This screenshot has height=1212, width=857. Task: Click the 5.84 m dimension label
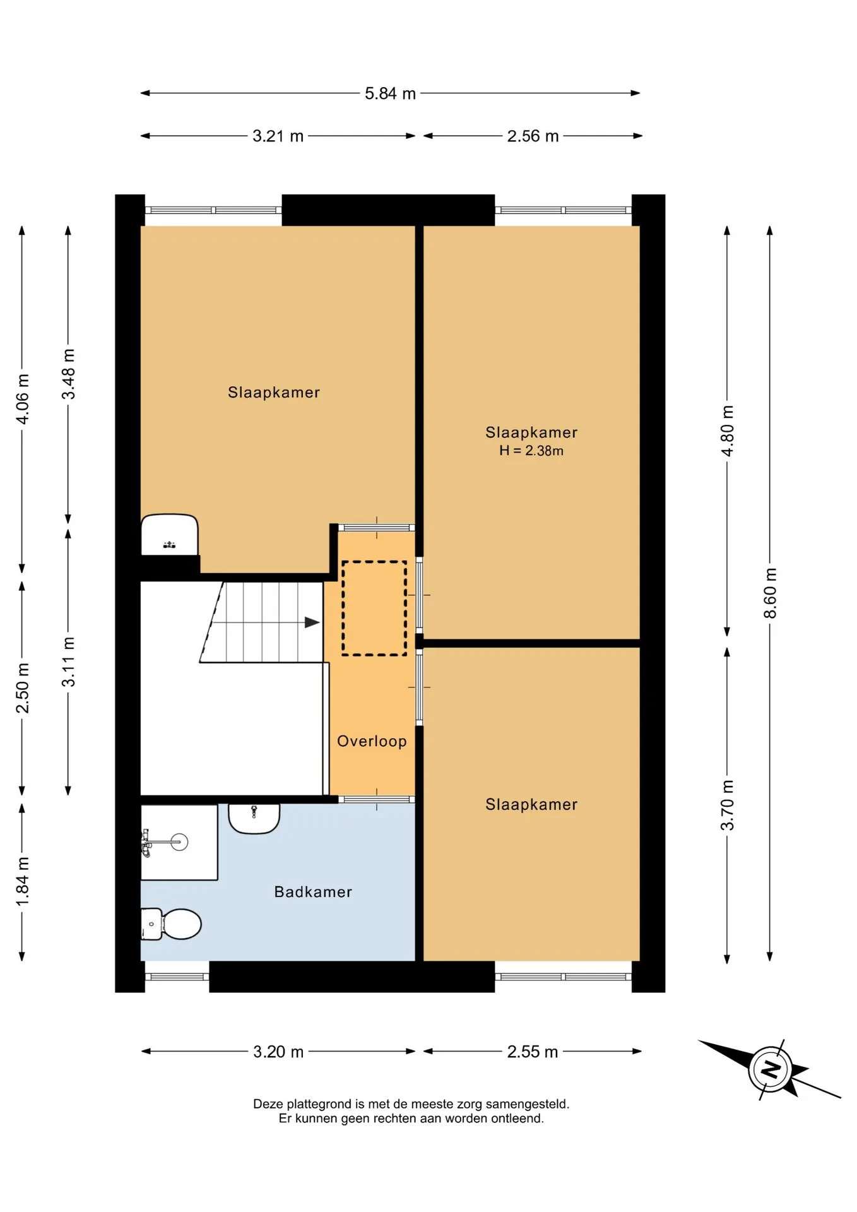point(390,93)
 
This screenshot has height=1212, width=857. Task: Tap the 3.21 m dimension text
point(278,136)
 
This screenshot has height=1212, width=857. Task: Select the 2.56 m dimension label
point(533,136)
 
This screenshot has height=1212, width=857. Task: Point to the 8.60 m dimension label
point(770,593)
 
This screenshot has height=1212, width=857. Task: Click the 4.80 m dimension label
point(727,431)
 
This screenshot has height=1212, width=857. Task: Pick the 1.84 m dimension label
point(22,881)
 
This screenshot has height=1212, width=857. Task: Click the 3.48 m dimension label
point(68,374)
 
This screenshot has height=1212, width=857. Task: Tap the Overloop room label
point(372,741)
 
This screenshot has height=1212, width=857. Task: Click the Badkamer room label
point(313,892)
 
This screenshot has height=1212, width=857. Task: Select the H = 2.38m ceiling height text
point(531,451)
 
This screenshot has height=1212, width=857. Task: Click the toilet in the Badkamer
point(170,924)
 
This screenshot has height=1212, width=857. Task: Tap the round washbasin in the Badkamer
point(254,819)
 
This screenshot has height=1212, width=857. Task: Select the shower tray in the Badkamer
point(179,842)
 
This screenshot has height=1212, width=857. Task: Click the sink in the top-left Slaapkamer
point(169,535)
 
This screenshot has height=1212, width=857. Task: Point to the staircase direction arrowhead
point(312,622)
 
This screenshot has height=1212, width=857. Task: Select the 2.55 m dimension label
point(533,1052)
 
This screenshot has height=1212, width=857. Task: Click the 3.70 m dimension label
point(727,805)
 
